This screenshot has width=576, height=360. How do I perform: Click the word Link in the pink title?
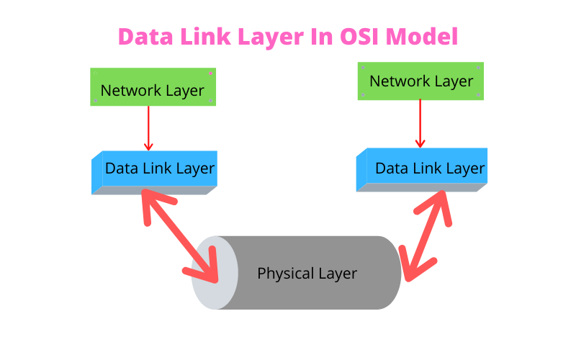click(202, 37)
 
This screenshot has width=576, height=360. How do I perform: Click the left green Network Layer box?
click(153, 87)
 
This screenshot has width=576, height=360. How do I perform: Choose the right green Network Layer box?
click(420, 81)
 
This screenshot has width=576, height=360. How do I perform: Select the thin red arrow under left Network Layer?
click(148, 128)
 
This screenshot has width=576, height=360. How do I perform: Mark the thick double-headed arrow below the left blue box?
click(180, 234)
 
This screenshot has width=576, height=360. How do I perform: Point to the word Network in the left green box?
click(132, 91)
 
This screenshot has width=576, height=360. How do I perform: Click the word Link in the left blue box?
click(158, 168)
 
